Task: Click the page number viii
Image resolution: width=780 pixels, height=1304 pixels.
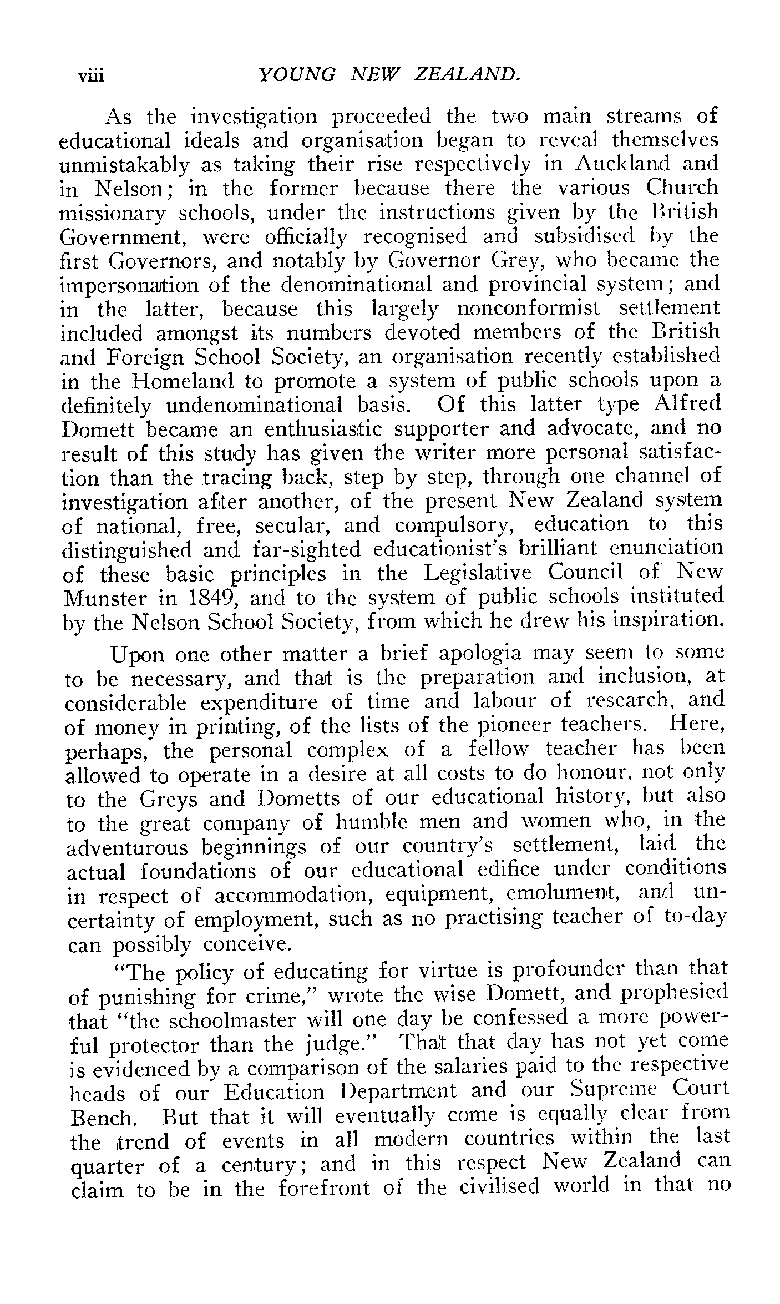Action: tap(91, 75)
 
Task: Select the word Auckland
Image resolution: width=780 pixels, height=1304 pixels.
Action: tap(623, 164)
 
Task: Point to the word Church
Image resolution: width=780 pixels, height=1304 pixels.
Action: tap(682, 188)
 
